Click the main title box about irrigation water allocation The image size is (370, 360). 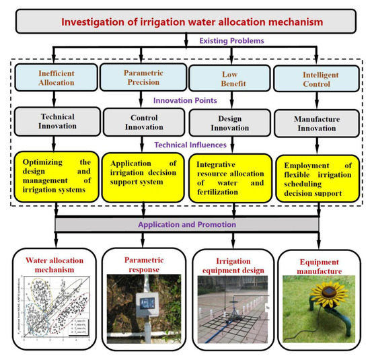[185, 22]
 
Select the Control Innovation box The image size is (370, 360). [141, 122]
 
